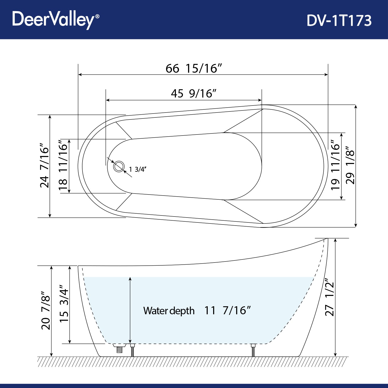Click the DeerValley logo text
coord(53,19)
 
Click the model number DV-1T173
coord(339,20)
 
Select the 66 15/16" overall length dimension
coord(194,69)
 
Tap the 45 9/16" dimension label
coord(193,93)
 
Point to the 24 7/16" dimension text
coord(44,166)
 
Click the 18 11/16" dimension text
coord(63,166)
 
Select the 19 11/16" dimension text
coord(335,166)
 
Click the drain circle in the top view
coord(119,166)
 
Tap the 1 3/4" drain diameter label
coord(138,169)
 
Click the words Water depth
coord(169,311)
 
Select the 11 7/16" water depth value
coord(227,310)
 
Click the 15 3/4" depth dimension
coord(64,304)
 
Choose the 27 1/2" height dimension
coord(330,297)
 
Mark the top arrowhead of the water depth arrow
coord(130,279)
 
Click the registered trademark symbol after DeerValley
coord(97,16)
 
